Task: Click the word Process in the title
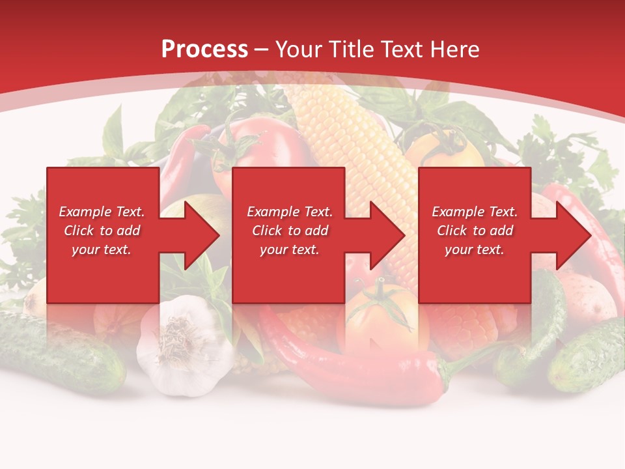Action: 204,50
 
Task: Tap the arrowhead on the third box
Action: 573,235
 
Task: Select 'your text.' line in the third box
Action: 474,249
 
